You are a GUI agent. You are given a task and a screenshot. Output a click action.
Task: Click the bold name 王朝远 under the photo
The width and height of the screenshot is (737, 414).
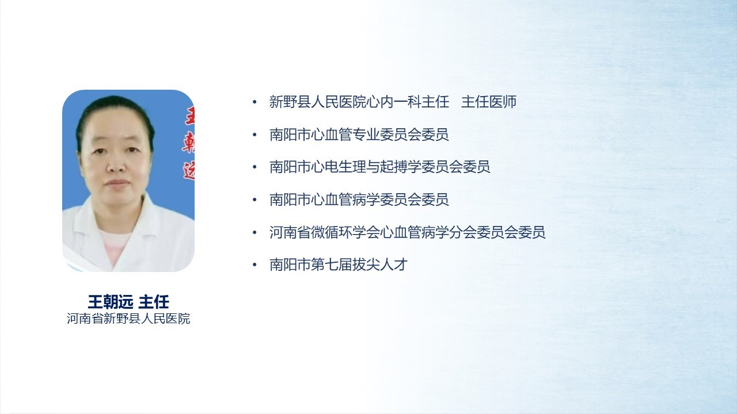pos(111,302)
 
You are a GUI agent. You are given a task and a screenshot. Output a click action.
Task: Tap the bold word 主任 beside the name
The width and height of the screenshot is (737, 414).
pos(154,302)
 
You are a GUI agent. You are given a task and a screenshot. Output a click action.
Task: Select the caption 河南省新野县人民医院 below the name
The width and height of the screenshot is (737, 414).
pos(128,319)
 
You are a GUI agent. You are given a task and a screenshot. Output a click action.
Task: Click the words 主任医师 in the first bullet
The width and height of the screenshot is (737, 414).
pos(489,102)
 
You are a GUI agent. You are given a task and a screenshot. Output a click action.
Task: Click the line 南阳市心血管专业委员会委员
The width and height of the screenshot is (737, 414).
pos(359,135)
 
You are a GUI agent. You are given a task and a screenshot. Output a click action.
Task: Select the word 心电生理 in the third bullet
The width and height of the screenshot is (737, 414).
pos(339,167)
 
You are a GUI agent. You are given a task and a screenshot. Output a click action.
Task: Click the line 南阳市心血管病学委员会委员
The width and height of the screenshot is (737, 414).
pos(359,200)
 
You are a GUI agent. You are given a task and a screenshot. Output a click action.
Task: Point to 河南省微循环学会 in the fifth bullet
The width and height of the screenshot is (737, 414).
pos(325,232)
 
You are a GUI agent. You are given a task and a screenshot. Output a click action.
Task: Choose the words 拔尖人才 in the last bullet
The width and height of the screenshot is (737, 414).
pos(380,264)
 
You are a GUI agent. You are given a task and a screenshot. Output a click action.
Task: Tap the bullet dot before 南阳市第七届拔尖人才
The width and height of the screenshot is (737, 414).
pos(254,265)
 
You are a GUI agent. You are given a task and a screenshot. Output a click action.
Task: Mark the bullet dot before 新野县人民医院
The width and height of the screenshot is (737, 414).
pos(254,102)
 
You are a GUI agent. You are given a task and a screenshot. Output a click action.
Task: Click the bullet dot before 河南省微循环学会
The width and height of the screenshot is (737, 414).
pos(254,232)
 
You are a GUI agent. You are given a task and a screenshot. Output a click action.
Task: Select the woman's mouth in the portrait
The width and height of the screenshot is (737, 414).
pos(117,183)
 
